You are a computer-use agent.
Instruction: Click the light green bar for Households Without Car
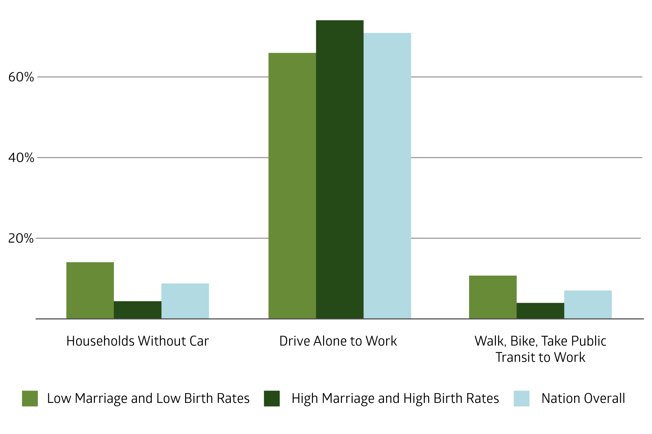90,290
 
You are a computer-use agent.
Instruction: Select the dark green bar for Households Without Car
138,310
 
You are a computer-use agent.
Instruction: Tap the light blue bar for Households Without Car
185,301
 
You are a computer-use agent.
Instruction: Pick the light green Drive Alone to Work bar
292,186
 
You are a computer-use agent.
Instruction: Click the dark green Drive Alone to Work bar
340,170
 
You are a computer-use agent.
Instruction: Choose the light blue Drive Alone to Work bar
387,176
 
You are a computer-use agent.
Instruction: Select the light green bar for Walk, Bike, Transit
493,297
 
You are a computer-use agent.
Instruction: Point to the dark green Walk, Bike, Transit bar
540,311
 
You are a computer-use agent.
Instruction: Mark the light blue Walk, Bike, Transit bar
588,305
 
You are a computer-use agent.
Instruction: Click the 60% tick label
21,77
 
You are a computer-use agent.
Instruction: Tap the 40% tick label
21,158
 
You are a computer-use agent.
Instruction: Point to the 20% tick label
21,238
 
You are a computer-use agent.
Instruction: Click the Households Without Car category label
138,341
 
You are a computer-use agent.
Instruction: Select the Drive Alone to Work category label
338,341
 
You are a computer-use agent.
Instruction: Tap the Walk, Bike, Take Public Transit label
540,349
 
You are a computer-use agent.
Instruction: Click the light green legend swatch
30,399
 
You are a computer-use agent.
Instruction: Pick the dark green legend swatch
272,399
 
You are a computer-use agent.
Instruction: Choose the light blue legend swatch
522,399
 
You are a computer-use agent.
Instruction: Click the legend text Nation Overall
583,399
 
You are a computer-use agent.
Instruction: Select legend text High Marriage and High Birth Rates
395,399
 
